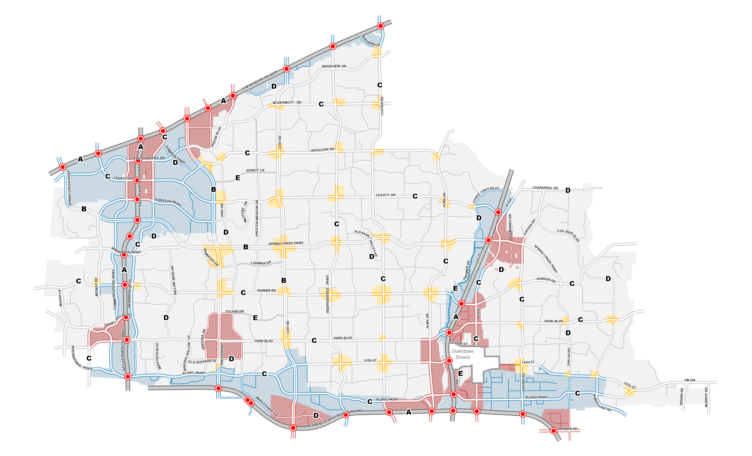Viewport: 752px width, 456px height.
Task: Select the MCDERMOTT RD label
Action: [x=287, y=103]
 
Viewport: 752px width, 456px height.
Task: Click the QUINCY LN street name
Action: [x=255, y=170]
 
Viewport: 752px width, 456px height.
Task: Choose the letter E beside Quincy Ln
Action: [x=238, y=178]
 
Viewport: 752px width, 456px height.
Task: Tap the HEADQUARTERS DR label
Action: [x=148, y=158]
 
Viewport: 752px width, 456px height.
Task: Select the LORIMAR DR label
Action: [x=261, y=263]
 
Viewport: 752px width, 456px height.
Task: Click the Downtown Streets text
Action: [x=463, y=354]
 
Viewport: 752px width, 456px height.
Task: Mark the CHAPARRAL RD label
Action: [x=545, y=188]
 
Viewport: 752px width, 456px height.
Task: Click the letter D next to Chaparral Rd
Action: [x=568, y=190]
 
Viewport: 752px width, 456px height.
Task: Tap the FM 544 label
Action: [x=690, y=380]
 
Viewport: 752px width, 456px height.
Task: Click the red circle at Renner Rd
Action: [x=553, y=431]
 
